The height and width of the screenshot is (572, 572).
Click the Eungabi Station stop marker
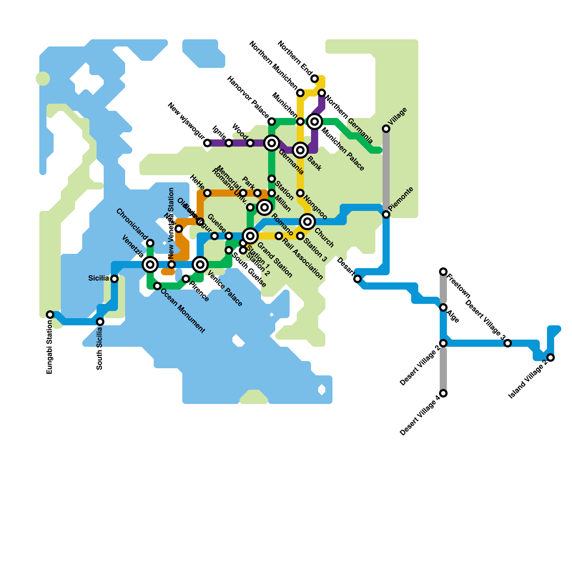[50, 315]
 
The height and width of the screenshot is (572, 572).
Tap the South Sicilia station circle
[100, 322]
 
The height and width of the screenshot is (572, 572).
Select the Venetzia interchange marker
[150, 265]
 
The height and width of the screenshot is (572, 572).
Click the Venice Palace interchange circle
[200, 265]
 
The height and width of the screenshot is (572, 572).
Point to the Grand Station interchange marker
[250, 236]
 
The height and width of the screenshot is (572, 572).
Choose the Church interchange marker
[307, 222]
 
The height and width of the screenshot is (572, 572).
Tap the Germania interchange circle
[272, 143]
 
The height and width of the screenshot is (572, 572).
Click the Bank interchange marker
[300, 150]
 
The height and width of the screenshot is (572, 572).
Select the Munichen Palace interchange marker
[315, 122]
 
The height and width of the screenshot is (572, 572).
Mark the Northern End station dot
[315, 79]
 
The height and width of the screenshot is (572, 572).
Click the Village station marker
[386, 129]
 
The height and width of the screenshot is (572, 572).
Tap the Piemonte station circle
[386, 214]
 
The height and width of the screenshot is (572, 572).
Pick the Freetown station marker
[443, 272]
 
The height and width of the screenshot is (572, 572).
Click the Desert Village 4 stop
[443, 393]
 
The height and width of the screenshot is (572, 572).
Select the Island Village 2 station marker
[551, 357]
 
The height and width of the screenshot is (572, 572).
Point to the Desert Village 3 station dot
[508, 343]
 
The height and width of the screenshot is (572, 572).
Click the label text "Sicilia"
[98, 278]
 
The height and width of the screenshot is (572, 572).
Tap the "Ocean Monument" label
[183, 311]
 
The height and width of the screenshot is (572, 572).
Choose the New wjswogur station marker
[207, 143]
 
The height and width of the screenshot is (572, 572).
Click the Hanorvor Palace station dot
[272, 122]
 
